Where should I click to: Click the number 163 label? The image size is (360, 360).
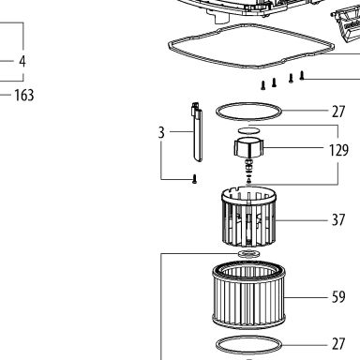pyautogui.click(x=24, y=95)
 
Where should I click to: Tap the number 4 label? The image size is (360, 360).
pyautogui.click(x=22, y=61)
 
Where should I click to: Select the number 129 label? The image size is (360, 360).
pyautogui.click(x=338, y=150)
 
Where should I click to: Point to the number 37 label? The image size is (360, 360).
pyautogui.click(x=338, y=220)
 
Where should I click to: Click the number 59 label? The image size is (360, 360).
pyautogui.click(x=338, y=297)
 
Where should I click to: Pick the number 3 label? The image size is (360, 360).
pyautogui.click(x=161, y=132)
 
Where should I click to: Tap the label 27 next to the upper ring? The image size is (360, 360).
pyautogui.click(x=338, y=112)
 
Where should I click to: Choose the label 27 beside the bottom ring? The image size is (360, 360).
pyautogui.click(x=338, y=344)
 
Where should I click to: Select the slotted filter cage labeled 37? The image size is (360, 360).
pyautogui.click(x=249, y=217)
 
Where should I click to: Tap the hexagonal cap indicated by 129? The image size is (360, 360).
pyautogui.click(x=249, y=147)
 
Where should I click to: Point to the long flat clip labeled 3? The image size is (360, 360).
pyautogui.click(x=197, y=132)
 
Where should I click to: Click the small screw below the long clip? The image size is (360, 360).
pyautogui.click(x=194, y=179)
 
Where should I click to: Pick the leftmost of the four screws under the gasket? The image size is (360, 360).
pyautogui.click(x=263, y=85)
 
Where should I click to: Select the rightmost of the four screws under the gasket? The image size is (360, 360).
pyautogui.click(x=302, y=76)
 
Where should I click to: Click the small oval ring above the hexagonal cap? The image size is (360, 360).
pyautogui.click(x=249, y=130)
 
